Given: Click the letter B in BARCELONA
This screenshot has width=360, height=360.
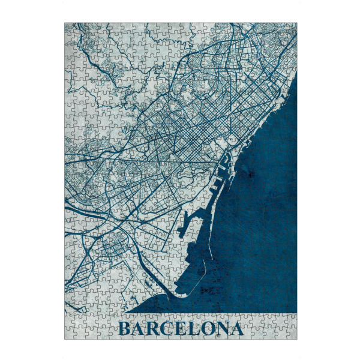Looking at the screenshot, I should (x=125, y=329).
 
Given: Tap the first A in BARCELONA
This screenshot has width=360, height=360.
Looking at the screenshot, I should (x=140, y=329).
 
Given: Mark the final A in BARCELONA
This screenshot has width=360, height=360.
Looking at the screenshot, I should (x=238, y=329).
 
